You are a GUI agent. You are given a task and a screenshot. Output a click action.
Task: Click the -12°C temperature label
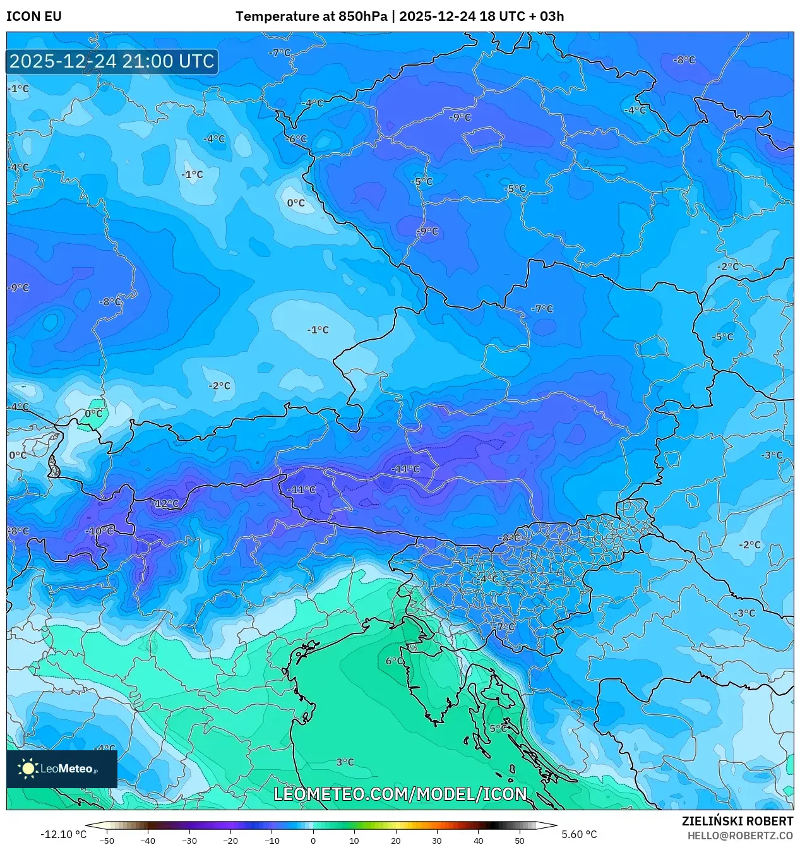(x=166, y=503)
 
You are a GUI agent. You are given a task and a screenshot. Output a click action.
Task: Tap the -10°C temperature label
(x=100, y=531)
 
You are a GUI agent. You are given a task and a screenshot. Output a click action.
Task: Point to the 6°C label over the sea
(x=395, y=661)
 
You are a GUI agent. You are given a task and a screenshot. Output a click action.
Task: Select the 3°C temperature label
(x=345, y=762)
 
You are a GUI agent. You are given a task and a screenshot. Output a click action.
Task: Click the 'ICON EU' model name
(x=34, y=16)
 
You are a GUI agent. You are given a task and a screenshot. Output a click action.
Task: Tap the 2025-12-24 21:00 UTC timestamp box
(x=112, y=61)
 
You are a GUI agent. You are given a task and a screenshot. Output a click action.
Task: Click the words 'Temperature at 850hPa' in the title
(x=311, y=16)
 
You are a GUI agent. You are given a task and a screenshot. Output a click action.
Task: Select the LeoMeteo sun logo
(x=28, y=769)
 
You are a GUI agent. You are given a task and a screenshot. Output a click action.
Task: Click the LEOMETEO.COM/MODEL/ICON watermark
(x=400, y=794)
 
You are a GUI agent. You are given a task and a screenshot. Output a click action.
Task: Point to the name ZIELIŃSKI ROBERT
(x=737, y=821)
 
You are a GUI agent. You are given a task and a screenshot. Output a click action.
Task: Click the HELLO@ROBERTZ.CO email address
(x=740, y=836)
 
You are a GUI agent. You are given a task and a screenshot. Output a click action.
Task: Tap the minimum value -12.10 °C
(x=63, y=834)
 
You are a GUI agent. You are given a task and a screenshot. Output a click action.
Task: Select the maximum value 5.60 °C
(x=579, y=834)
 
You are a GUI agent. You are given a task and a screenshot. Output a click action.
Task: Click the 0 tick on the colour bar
(x=313, y=840)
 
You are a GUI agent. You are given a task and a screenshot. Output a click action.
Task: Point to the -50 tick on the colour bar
(x=107, y=840)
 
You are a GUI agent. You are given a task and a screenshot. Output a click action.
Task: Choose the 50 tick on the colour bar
(x=520, y=840)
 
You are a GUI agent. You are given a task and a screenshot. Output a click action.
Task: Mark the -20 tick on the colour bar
(x=230, y=840)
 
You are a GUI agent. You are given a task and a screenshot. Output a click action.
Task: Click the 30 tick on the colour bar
(x=437, y=840)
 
